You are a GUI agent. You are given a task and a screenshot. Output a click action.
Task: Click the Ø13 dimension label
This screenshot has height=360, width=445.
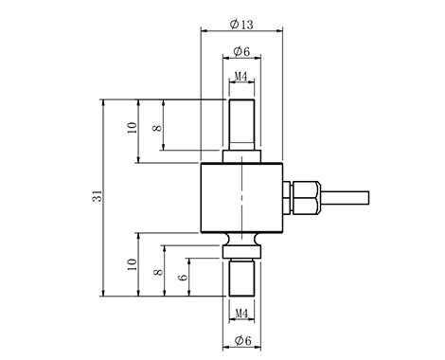click(241, 24)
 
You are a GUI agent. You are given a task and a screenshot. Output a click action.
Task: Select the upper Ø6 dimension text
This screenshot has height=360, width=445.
click(241, 51)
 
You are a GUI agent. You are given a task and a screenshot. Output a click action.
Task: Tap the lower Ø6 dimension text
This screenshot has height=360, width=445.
click(243, 340)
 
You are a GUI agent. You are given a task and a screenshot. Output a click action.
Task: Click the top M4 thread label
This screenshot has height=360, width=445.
click(241, 76)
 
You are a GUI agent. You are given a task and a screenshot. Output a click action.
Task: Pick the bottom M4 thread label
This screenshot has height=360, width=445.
click(241, 314)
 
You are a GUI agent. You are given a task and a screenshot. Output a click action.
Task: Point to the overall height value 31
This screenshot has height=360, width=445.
click(98, 196)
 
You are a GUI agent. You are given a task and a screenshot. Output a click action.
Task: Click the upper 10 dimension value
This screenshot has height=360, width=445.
click(133, 128)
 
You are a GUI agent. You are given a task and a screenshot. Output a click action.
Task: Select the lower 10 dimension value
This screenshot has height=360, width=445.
click(133, 264)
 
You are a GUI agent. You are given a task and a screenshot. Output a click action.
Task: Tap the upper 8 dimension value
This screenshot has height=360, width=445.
click(157, 128)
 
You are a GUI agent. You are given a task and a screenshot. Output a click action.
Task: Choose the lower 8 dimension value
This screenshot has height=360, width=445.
click(158, 272)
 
